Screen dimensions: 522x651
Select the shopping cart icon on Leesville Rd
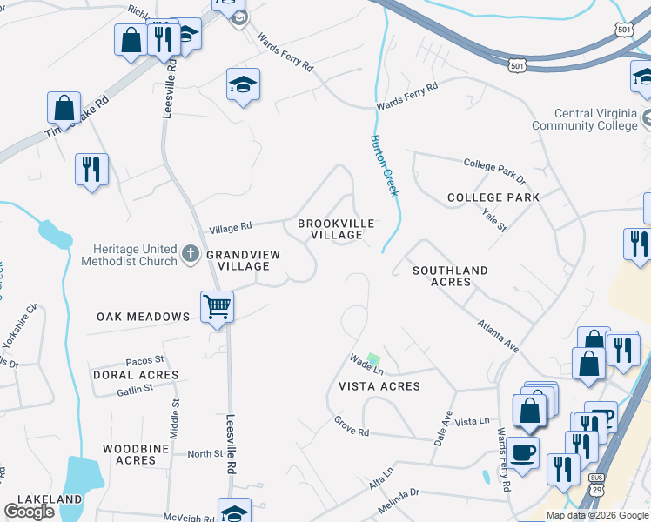coord(217,306)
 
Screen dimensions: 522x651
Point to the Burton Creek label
coord(384,165)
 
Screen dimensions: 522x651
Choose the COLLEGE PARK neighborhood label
coord(493,197)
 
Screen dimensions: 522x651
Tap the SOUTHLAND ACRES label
coord(453,276)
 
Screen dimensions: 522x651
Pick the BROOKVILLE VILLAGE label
coord(336,230)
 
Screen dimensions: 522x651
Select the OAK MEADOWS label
coord(144,317)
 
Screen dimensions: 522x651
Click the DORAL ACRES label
coord(135,375)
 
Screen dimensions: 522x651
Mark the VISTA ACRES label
coord(379,385)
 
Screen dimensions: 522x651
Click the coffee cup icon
coord(523,452)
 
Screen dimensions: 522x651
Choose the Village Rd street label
coord(230,227)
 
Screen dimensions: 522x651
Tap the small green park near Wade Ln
coord(373,358)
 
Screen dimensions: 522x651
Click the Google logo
coord(29,512)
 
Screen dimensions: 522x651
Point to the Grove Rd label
coord(352,426)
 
